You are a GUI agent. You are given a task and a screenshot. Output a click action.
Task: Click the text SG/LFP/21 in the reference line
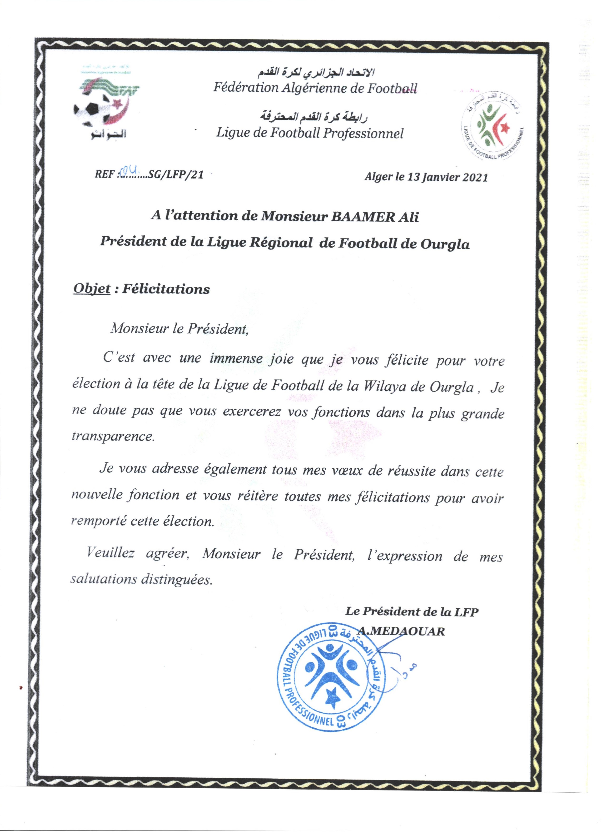(x=176, y=174)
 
